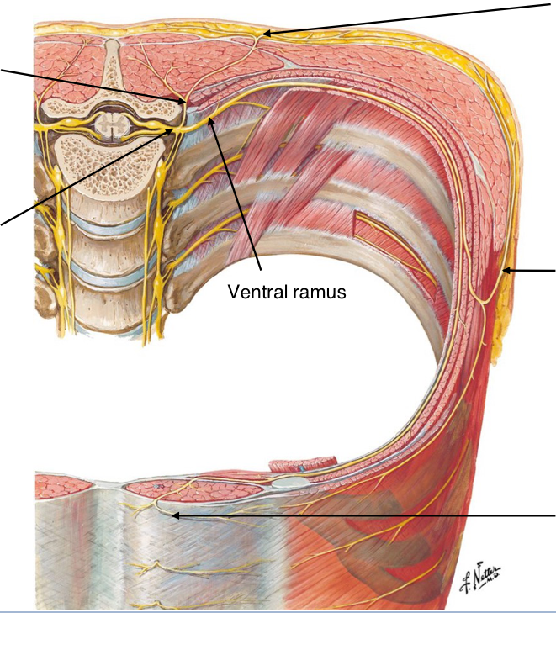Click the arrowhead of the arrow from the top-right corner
(262, 34)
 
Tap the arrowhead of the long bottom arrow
(172, 515)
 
